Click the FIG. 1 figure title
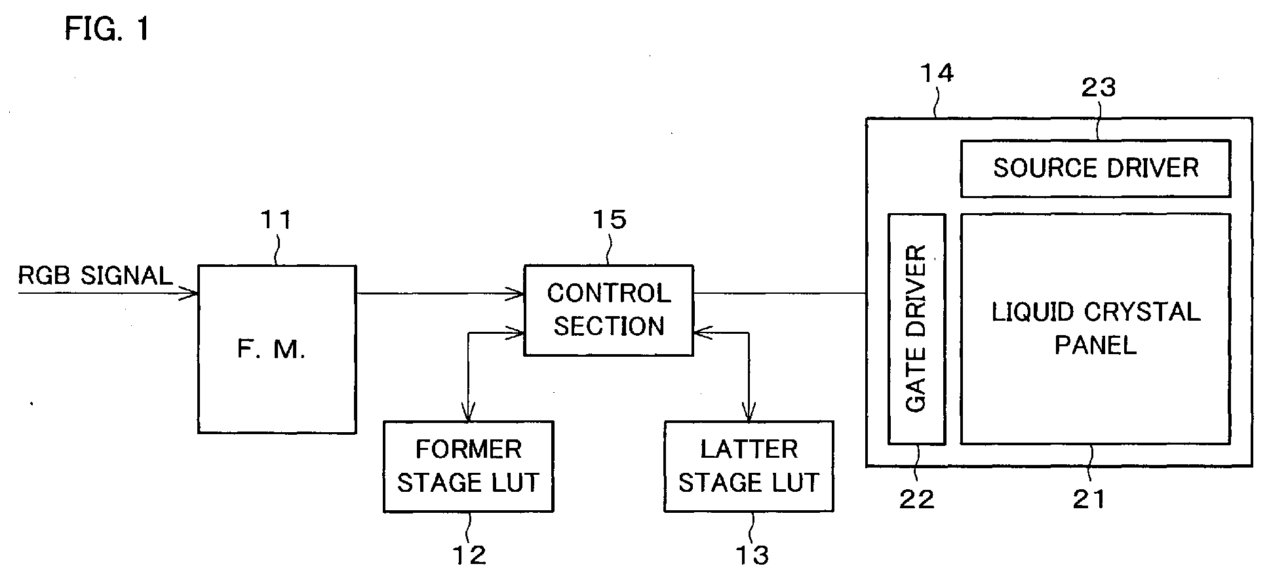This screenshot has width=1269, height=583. [107, 29]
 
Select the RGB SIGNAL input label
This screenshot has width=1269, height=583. [95, 275]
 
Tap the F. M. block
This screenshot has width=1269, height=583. [277, 349]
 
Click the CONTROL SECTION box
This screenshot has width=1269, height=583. [608, 310]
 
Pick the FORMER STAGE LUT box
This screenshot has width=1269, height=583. [468, 466]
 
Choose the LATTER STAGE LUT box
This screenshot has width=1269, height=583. [749, 466]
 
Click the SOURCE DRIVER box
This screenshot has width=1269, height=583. [1095, 169]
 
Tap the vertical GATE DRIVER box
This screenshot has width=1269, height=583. [916, 329]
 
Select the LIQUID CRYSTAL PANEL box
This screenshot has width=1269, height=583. [1095, 329]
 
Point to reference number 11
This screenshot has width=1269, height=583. [276, 220]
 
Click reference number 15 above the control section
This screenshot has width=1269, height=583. [610, 220]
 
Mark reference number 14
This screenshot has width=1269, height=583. [937, 73]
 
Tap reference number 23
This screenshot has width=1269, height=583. [1098, 87]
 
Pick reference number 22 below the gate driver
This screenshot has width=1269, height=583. [916, 500]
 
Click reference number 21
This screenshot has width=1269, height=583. [1089, 500]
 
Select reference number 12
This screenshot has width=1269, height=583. [469, 555]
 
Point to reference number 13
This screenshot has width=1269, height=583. [751, 555]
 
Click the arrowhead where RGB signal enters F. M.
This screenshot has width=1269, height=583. [191, 293]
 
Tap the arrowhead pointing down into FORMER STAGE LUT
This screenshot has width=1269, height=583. [468, 413]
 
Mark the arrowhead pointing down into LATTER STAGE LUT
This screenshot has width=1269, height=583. [749, 413]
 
